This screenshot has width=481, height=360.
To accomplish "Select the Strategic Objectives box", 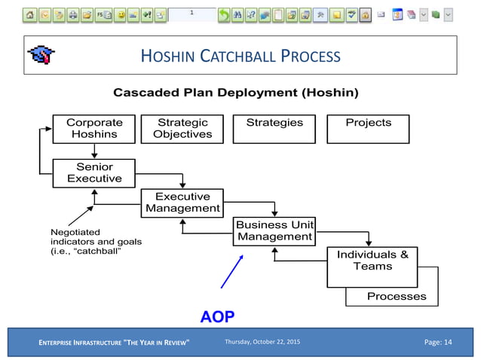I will [x=182, y=129].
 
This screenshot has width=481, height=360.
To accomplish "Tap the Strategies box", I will [x=274, y=129].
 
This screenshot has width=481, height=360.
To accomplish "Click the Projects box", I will [x=368, y=129].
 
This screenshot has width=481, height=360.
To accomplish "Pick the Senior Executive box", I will [x=94, y=172].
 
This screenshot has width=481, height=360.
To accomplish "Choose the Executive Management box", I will [x=182, y=203].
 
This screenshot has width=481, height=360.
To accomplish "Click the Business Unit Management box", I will [x=274, y=231].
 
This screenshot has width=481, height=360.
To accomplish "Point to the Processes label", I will [x=396, y=296].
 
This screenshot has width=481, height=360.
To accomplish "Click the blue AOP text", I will [x=218, y=316].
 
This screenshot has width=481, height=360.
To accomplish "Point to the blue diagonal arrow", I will [x=232, y=271].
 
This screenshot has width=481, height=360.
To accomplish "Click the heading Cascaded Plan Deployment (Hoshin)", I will [x=235, y=93].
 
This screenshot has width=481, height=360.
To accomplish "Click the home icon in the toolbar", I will [x=29, y=14].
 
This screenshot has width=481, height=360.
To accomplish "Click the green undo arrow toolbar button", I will [x=223, y=14].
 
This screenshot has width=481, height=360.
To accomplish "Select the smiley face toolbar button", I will [x=120, y=14].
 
